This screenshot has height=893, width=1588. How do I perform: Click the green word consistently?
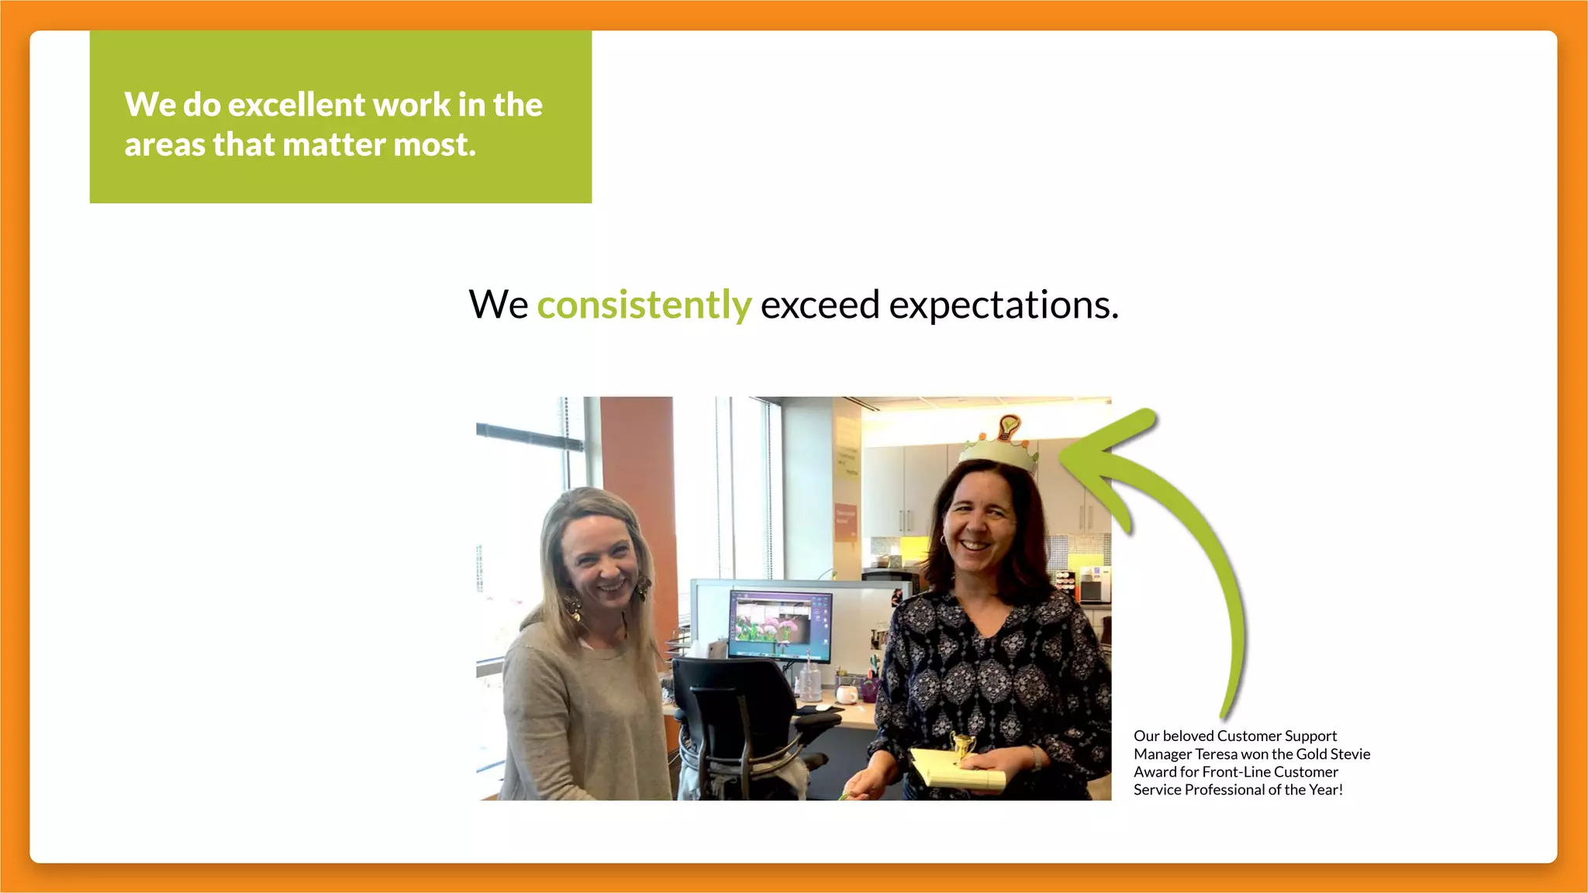[x=644, y=305]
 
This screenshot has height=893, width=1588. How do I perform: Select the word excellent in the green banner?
[x=295, y=105]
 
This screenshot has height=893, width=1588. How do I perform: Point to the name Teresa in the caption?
[x=1216, y=754]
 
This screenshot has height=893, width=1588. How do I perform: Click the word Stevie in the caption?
[x=1350, y=754]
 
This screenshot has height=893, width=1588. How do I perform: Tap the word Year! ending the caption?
[x=1326, y=790]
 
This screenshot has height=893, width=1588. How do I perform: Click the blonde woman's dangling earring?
[x=644, y=590]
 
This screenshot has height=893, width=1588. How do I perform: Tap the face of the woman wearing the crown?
[x=979, y=526]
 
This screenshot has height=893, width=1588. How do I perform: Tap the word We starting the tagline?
[x=498, y=305]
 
